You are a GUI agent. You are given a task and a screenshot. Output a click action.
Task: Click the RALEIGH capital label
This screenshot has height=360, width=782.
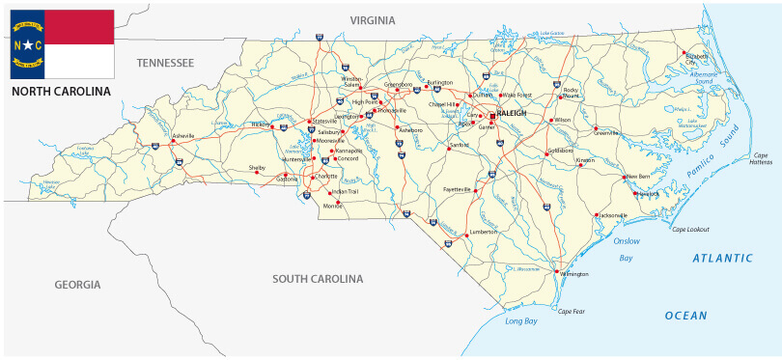(513, 113)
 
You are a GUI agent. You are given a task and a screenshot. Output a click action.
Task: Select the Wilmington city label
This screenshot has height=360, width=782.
(573, 275)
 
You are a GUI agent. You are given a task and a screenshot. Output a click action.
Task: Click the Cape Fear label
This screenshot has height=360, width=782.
(572, 311)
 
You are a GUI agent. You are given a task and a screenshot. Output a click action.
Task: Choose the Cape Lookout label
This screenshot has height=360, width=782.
(691, 229)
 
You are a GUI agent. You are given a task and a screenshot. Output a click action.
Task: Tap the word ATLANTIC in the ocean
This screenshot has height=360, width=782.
(721, 258)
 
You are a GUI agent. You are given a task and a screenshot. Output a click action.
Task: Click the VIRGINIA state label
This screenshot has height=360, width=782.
(373, 20)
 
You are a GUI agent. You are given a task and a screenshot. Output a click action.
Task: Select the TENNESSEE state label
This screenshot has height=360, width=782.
(165, 63)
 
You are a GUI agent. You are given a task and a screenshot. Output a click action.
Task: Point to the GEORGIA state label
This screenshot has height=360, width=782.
(77, 285)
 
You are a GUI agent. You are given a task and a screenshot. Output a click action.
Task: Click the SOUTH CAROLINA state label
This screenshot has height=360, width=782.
(318, 279)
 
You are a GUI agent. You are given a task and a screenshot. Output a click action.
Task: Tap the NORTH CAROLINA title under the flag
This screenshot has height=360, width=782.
(61, 92)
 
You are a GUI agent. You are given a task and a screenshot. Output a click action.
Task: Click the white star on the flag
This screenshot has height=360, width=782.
(28, 44)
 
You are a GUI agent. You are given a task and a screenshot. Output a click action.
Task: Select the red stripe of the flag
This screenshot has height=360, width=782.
(79, 27)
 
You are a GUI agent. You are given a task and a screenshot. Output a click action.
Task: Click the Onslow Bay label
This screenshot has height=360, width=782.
(627, 249)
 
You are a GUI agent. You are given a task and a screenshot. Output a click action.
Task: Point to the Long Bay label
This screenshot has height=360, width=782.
(522, 320)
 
